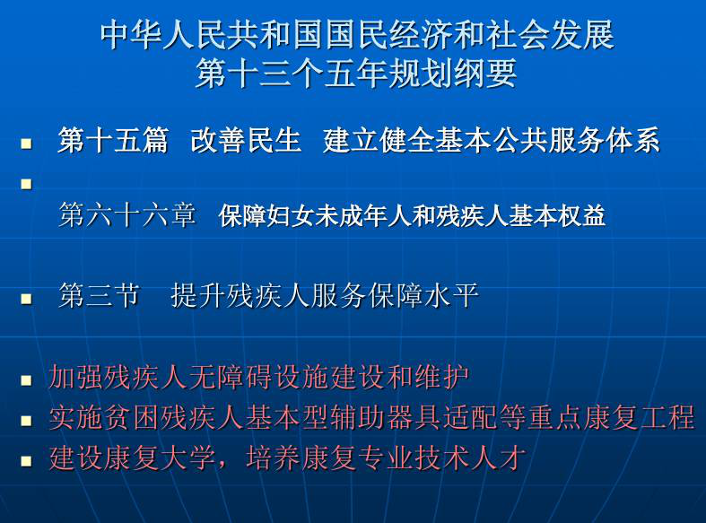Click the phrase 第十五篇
pos(113,140)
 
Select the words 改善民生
pos(246,140)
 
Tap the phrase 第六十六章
pos(128,214)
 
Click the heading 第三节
pos(99,296)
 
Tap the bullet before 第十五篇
pos(27,144)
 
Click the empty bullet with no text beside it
pos(27,184)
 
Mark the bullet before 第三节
pos(27,300)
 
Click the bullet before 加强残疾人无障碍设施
pos(27,380)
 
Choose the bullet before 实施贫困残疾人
pos(27,421)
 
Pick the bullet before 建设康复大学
pos(27,461)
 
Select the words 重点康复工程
pos(611,417)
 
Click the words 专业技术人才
pos(442,458)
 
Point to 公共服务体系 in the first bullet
pos(576,140)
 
